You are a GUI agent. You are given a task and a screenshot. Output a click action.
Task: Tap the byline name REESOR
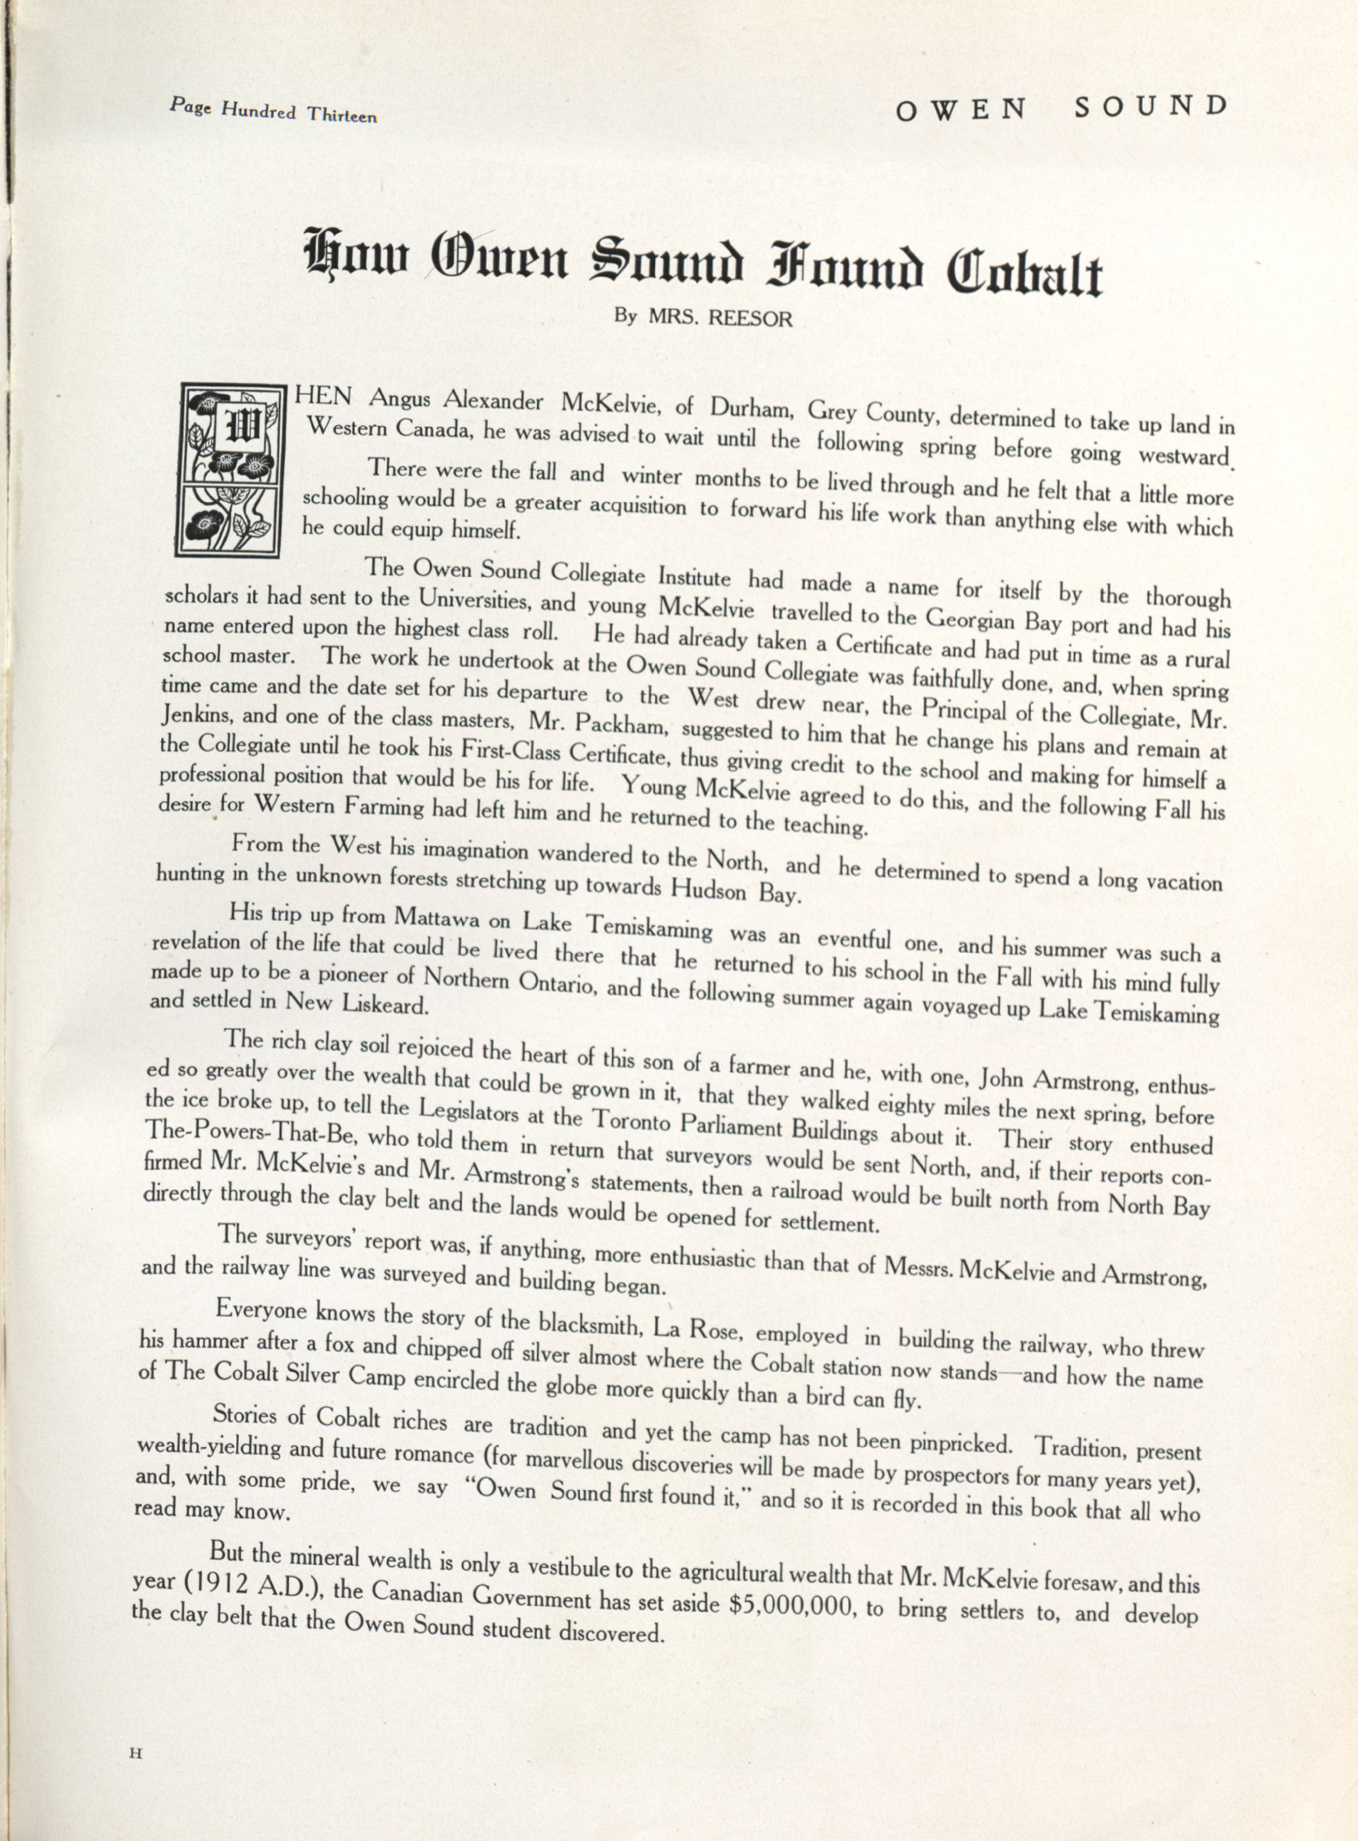coord(751,319)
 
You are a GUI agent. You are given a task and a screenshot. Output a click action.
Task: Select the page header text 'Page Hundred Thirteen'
coord(273,109)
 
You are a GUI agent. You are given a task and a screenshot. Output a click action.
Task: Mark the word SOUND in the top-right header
coord(1151,107)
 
